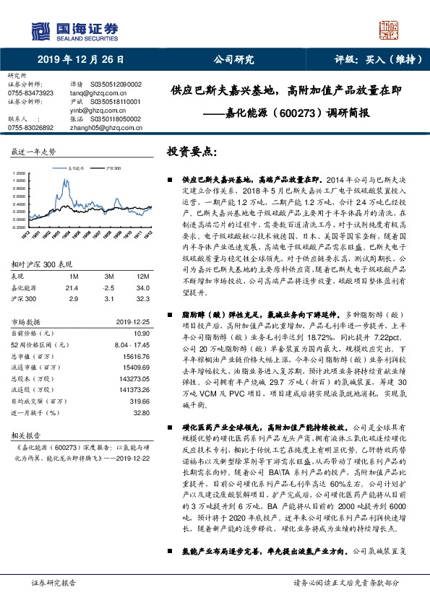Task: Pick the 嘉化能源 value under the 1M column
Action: pyautogui.click(x=72, y=268)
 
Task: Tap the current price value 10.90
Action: pyautogui.click(x=142, y=313)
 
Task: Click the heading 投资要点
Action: pyautogui.click(x=192, y=152)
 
